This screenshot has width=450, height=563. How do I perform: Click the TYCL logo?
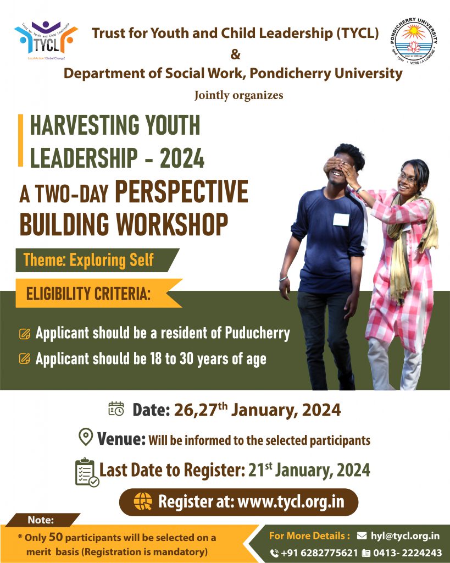click(x=46, y=41)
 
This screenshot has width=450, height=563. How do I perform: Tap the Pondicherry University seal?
click(x=414, y=41)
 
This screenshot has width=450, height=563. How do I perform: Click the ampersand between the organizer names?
click(x=235, y=54)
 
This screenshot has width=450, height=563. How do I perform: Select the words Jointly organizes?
click(x=238, y=95)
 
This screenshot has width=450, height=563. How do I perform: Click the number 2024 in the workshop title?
click(x=182, y=158)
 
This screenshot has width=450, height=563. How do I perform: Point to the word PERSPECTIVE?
click(x=181, y=191)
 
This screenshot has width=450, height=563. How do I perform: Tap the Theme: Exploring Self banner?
click(x=97, y=260)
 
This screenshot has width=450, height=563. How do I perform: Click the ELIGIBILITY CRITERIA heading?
click(x=99, y=294)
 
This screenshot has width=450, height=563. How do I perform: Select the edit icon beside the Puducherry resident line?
click(x=24, y=334)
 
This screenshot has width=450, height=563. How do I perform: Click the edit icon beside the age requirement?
click(x=24, y=358)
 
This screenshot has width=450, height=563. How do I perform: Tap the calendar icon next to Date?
click(x=116, y=409)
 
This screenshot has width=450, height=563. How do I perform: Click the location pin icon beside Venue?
click(x=86, y=437)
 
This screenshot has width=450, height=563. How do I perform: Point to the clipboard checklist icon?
click(x=87, y=472)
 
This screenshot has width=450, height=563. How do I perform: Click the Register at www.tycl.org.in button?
click(x=238, y=501)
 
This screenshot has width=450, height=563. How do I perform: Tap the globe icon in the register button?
click(x=143, y=501)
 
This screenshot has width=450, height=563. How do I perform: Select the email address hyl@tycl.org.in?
click(x=405, y=536)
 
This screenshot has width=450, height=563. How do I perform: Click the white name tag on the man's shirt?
click(x=341, y=219)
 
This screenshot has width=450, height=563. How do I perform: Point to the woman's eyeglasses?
click(x=407, y=178)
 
